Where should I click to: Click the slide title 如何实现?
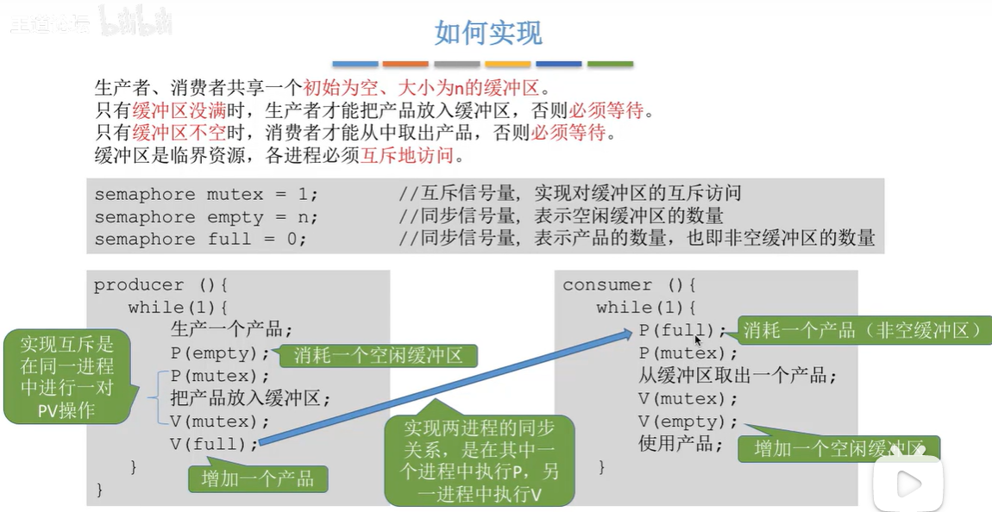tap(488, 33)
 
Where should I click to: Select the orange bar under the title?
tap(405, 64)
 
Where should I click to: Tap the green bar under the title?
tap(610, 64)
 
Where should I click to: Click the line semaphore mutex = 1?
tap(206, 194)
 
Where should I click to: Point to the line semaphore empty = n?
tap(206, 216)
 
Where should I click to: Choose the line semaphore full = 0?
tap(200, 239)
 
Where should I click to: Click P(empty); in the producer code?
tap(220, 353)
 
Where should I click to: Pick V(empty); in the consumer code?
tap(688, 421)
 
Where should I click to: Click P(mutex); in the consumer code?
tap(688, 353)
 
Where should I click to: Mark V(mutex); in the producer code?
tap(220, 421)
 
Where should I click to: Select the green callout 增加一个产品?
tap(258, 478)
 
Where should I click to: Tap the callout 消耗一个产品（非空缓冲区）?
tap(863, 330)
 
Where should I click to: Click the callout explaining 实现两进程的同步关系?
tap(480, 459)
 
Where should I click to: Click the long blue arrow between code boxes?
tap(449, 388)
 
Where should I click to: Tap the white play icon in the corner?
tap(908, 484)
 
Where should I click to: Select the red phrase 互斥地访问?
tap(416, 156)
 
